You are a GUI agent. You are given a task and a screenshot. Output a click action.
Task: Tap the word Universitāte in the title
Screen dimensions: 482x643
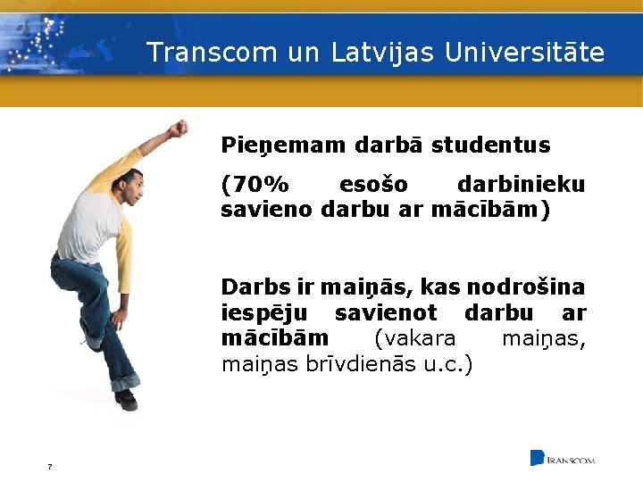pyautogui.click(x=524, y=53)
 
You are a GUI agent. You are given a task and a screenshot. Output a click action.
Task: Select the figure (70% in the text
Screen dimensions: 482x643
pyautogui.click(x=255, y=185)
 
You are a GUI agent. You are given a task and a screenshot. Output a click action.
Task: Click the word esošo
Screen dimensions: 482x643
pyautogui.click(x=373, y=185)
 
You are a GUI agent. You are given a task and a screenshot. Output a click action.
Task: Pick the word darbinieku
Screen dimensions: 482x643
pyautogui.click(x=521, y=185)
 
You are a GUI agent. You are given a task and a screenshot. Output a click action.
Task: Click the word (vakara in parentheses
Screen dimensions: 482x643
pyautogui.click(x=414, y=339)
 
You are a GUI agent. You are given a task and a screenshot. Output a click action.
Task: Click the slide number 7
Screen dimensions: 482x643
pyautogui.click(x=49, y=466)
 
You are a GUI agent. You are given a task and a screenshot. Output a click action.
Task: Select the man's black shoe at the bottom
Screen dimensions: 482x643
pyautogui.click(x=126, y=399)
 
